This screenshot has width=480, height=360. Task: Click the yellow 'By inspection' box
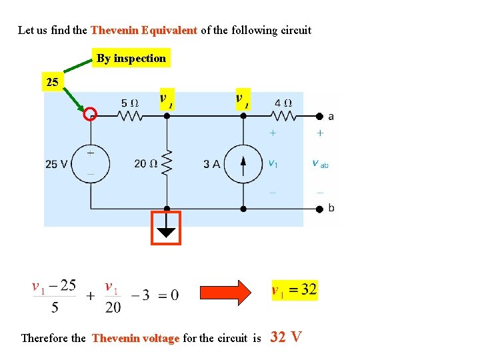tap(131, 58)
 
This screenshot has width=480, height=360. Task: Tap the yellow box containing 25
tap(52, 83)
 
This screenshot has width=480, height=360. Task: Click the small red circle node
tap(90, 115)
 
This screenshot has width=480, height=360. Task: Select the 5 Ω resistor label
tap(130, 103)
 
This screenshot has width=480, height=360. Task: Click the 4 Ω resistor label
tap(283, 103)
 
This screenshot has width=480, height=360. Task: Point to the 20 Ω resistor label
tap(145, 163)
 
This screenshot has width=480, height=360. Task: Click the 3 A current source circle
tap(243, 163)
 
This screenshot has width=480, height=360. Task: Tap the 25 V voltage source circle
tap(90, 163)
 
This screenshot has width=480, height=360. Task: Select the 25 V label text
tap(57, 164)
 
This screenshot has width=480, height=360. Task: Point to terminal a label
tap(331, 116)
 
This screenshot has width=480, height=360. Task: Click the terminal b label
tap(331, 208)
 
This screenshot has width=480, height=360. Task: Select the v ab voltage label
tap(320, 163)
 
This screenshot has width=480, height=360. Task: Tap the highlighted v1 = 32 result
tap(294, 290)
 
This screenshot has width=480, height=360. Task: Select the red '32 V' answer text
tap(287, 337)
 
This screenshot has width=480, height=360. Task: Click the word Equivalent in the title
tap(170, 30)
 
